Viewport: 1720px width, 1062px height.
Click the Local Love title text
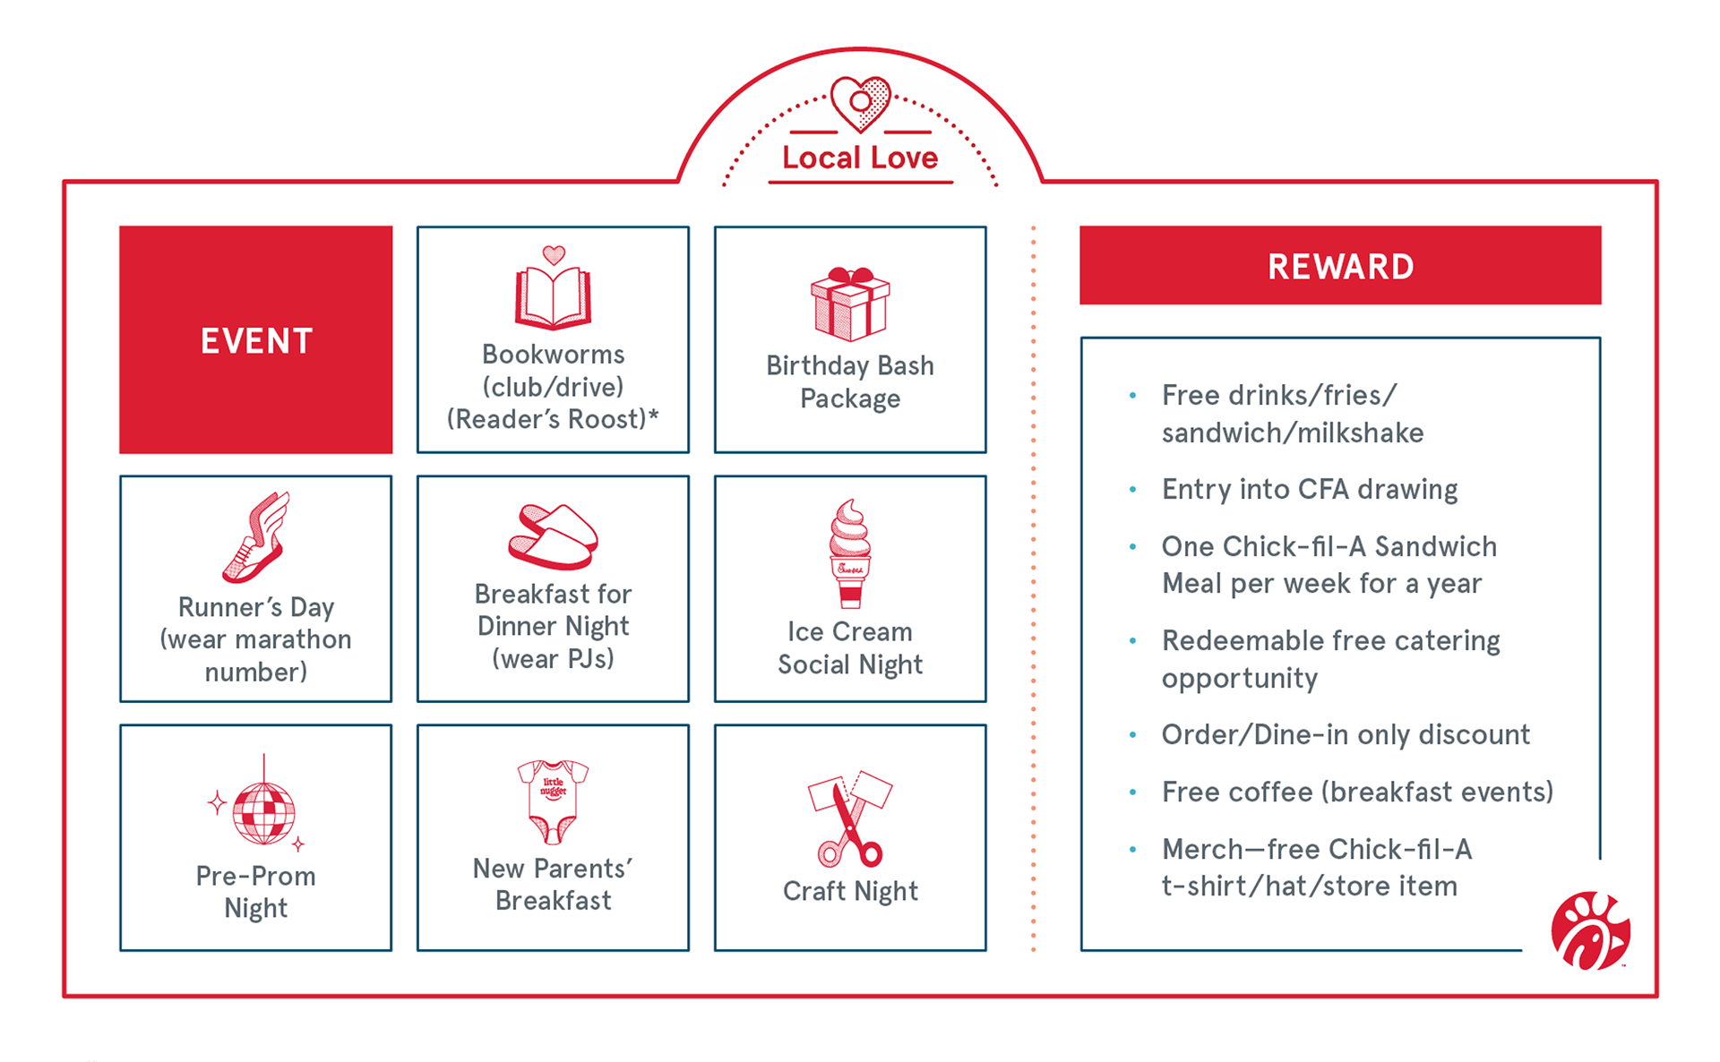pyautogui.click(x=860, y=158)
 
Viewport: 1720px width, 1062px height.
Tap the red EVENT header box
pyautogui.click(x=256, y=340)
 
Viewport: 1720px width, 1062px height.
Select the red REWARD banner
pyautogui.click(x=1340, y=266)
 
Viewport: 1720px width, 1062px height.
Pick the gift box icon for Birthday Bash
pyautogui.click(x=850, y=304)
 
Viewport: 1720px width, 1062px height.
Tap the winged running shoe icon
pyautogui.click(x=258, y=537)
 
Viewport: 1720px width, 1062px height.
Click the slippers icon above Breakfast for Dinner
pyautogui.click(x=553, y=536)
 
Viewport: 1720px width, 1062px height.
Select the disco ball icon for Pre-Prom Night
pyautogui.click(x=262, y=811)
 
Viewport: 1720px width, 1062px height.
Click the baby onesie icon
pyautogui.click(x=553, y=801)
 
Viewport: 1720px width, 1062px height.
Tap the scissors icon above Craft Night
pyautogui.click(x=850, y=818)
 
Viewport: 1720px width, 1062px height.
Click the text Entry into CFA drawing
pyautogui.click(x=1309, y=490)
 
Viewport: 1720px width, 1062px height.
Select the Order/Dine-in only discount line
pyautogui.click(x=1346, y=735)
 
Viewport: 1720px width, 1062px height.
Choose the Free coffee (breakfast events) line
pyautogui.click(x=1357, y=792)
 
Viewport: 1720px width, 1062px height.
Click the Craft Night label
pyautogui.click(x=850, y=891)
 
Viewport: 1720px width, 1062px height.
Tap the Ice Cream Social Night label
pyautogui.click(x=850, y=648)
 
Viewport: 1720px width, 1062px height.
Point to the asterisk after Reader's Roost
pyautogui.click(x=653, y=415)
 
